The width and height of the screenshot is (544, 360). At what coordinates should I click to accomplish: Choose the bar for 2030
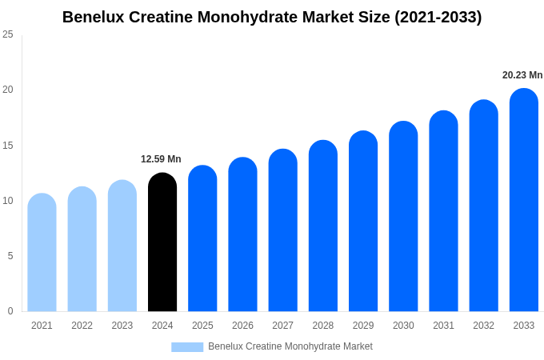click(x=403, y=217)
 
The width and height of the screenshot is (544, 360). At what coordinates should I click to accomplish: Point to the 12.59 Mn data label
click(x=161, y=159)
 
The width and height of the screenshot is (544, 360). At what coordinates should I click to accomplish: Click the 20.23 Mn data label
click(x=522, y=75)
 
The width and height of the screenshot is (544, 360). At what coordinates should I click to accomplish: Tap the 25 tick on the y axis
click(x=8, y=34)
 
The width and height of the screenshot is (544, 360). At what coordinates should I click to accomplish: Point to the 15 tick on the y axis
click(x=8, y=145)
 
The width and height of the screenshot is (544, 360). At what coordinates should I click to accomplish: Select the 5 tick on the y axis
click(x=10, y=256)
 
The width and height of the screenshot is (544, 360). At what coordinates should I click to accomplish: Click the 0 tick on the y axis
click(x=10, y=311)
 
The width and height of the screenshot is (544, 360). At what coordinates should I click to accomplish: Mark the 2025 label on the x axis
click(x=202, y=326)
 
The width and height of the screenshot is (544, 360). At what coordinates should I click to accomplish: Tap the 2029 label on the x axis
click(x=363, y=326)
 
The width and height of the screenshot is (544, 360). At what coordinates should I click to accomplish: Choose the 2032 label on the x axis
click(x=483, y=326)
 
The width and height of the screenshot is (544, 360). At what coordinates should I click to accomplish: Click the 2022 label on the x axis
click(x=82, y=326)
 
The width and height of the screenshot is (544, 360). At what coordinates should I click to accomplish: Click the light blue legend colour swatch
click(x=187, y=347)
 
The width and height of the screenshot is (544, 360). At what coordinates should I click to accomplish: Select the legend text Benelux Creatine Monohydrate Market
click(x=290, y=346)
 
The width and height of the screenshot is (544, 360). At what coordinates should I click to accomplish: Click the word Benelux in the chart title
click(x=94, y=17)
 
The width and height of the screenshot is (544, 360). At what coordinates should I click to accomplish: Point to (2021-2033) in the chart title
click(x=438, y=17)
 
